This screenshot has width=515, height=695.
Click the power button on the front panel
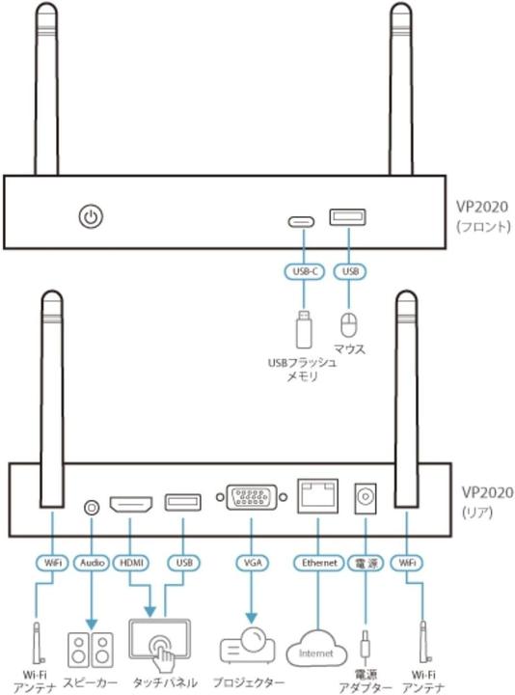90,217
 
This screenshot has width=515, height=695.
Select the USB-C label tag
302,273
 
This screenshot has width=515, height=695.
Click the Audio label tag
93,562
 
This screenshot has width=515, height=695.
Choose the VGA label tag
252,562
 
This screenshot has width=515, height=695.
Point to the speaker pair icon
91,648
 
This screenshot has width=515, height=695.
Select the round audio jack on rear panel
93,504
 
